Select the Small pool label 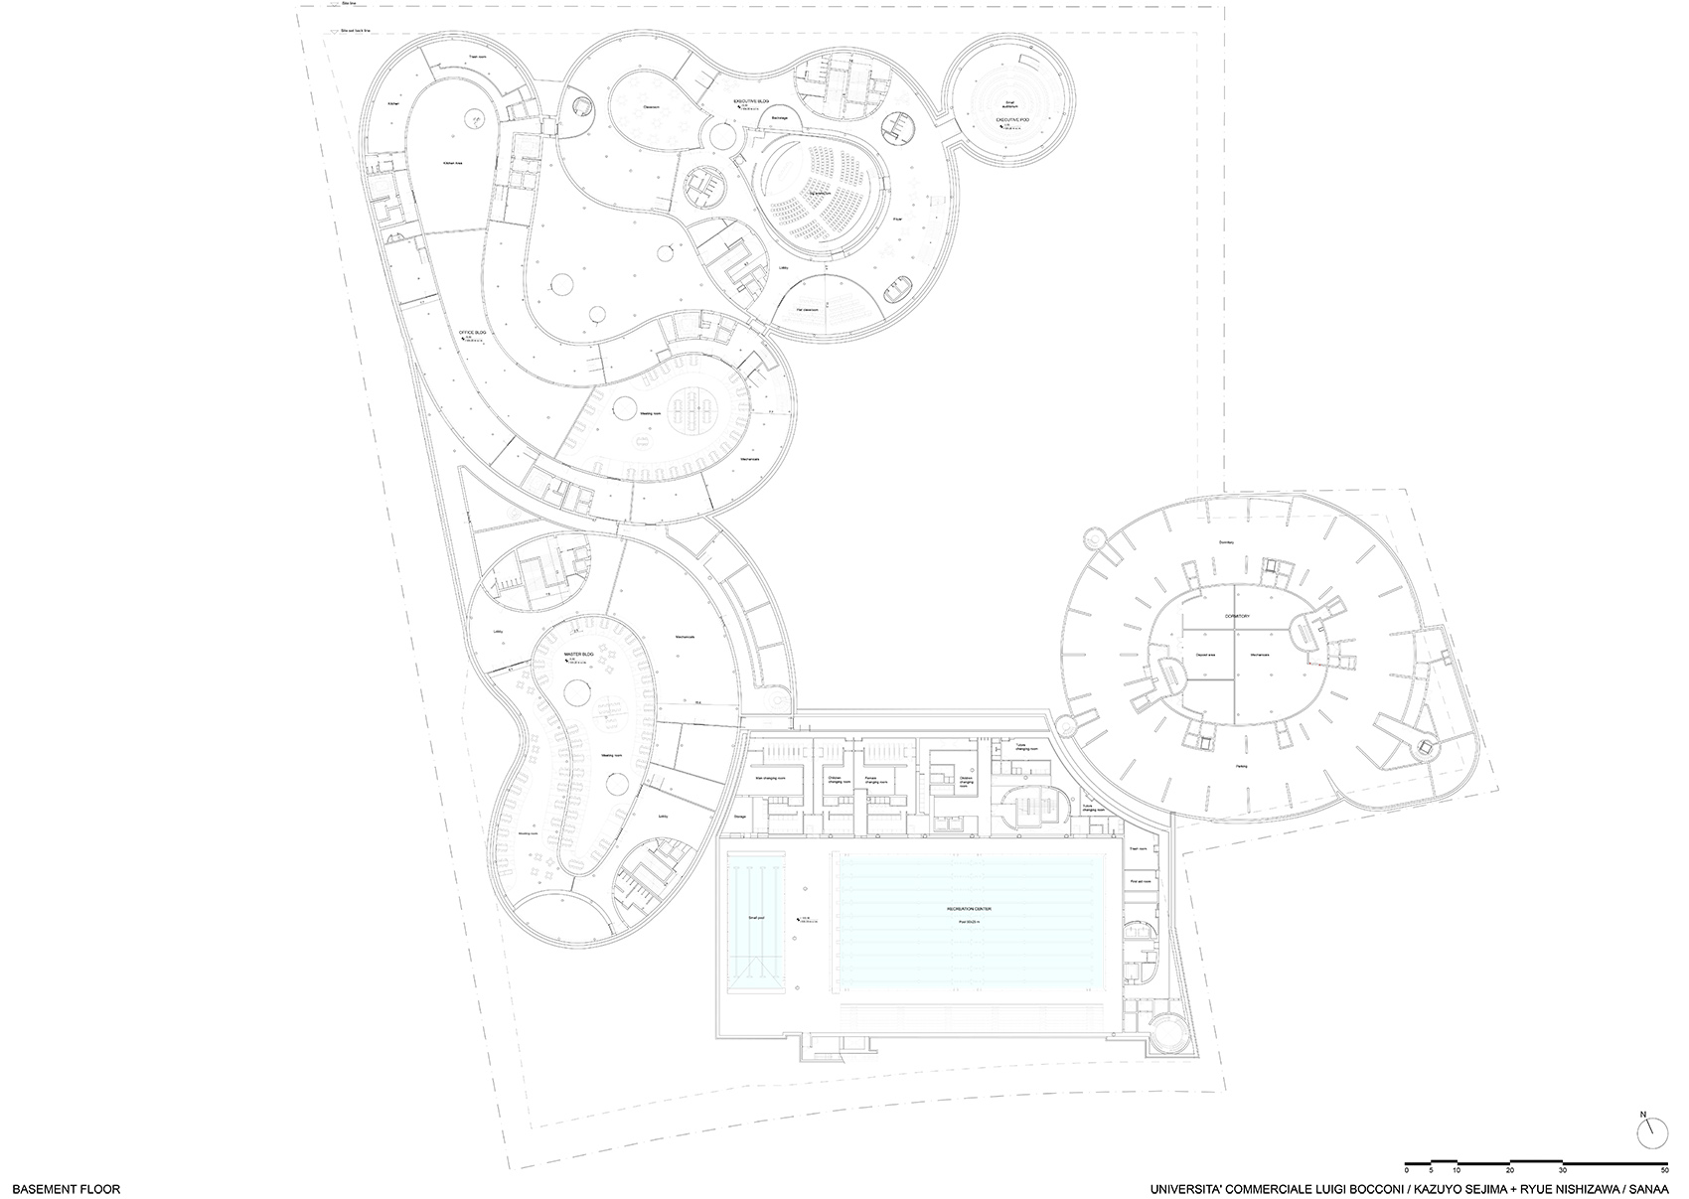755,918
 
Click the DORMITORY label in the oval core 1237,617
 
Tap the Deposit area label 1194,656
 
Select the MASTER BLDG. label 578,655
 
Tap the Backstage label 779,117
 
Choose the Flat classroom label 813,310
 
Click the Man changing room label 771,779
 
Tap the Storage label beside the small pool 739,816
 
